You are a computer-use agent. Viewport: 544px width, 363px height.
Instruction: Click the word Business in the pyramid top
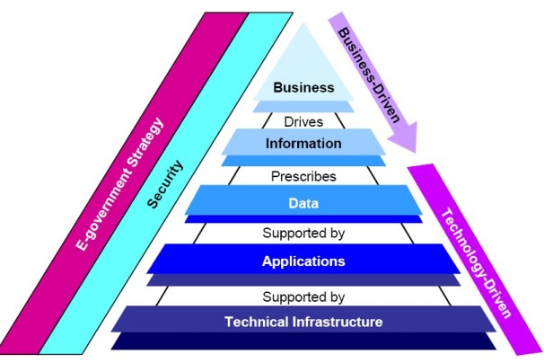(x=303, y=87)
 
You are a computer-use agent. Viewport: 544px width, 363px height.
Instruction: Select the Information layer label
(x=303, y=143)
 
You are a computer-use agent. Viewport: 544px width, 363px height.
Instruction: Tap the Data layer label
(x=303, y=203)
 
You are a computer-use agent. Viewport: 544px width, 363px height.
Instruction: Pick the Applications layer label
(x=303, y=261)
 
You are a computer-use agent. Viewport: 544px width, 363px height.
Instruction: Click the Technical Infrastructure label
(x=303, y=321)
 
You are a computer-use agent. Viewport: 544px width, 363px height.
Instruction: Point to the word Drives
(x=303, y=120)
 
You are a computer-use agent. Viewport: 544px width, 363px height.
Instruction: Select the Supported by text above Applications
(x=303, y=234)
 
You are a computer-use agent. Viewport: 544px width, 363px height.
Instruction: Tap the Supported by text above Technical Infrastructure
(x=303, y=294)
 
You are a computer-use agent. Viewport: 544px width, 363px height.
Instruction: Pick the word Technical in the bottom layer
(x=254, y=321)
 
